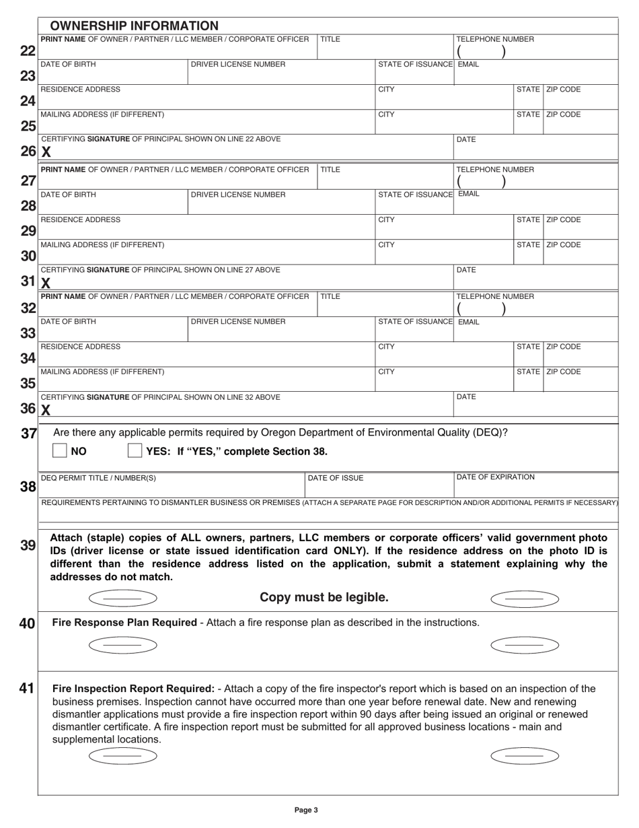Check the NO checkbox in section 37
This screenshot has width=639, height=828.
tap(60, 450)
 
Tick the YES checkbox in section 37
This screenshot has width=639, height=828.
tap(135, 450)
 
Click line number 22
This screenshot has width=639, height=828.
tap(28, 50)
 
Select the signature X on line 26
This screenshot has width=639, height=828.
tap(46, 152)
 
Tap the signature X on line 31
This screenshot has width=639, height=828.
tap(46, 283)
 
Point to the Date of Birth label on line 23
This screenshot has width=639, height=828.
tap(68, 65)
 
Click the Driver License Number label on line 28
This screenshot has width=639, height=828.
tap(238, 195)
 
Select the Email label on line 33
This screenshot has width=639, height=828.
tap(468, 322)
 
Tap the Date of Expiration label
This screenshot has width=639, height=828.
tap(496, 477)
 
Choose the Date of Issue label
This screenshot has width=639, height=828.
tap(335, 478)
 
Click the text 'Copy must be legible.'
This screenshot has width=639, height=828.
tap(324, 598)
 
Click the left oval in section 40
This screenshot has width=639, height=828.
tap(122, 646)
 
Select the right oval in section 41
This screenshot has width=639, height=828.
tap(525, 756)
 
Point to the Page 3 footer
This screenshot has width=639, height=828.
tap(306, 810)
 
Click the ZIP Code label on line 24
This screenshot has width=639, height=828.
tap(564, 90)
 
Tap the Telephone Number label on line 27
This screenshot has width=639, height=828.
tap(496, 170)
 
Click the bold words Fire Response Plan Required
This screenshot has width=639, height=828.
tap(124, 623)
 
